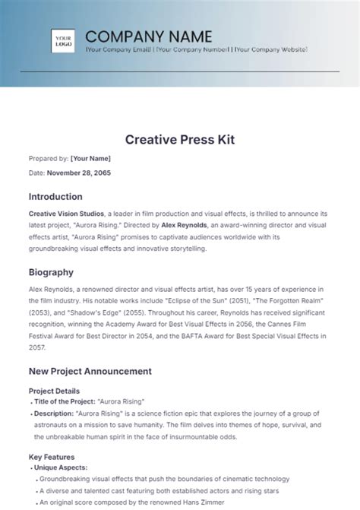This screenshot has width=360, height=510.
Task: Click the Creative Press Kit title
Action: [179, 139]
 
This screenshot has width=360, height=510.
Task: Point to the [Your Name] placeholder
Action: [90, 158]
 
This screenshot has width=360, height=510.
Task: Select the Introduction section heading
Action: [55, 196]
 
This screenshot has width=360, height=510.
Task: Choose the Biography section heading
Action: [51, 271]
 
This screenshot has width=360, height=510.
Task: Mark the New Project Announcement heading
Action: [90, 371]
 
